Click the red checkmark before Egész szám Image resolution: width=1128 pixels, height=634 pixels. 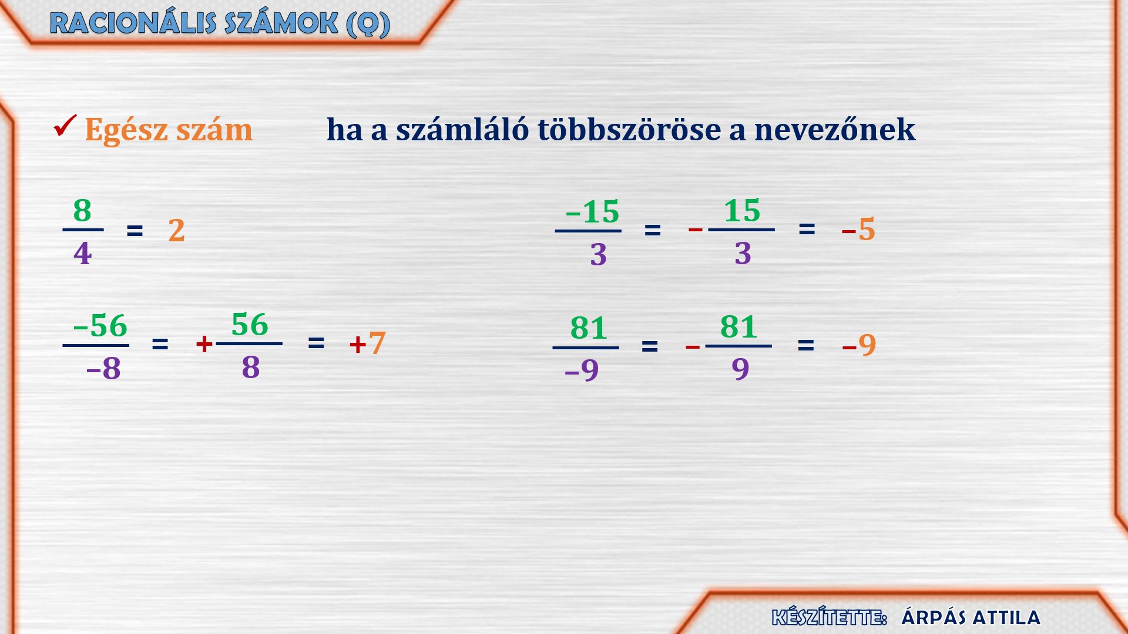click(65, 125)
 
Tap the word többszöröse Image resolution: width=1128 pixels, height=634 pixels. click(629, 129)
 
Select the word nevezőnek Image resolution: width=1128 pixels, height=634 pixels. click(835, 129)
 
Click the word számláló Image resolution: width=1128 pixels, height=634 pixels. click(462, 129)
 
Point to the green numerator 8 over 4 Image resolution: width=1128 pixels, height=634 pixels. click(82, 210)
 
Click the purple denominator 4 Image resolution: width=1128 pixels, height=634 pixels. click(83, 254)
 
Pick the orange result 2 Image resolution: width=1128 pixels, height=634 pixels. click(176, 230)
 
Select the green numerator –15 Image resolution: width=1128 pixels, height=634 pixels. click(592, 212)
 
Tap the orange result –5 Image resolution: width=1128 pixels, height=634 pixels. click(858, 229)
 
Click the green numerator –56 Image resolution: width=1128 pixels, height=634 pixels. click(100, 325)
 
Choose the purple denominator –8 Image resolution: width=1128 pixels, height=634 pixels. click(103, 369)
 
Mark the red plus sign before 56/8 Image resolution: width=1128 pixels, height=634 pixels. click(204, 344)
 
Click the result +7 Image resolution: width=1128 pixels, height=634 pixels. click(368, 343)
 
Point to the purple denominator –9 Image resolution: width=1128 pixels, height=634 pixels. click(582, 370)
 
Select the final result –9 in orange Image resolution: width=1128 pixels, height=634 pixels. click(859, 345)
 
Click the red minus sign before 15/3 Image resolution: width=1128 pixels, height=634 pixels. click(696, 229)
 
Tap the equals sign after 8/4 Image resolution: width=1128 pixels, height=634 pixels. click(135, 231)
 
